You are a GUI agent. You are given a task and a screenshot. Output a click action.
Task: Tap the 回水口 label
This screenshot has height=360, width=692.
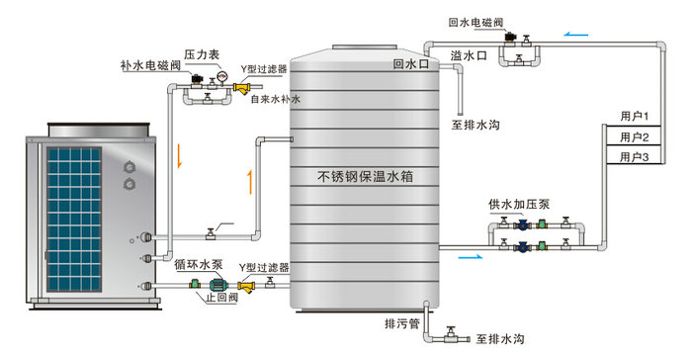tap(409, 64)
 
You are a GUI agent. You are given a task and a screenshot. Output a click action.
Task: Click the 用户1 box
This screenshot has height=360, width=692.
tap(634, 117)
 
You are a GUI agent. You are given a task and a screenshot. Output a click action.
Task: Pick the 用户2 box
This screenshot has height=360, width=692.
tap(634, 136)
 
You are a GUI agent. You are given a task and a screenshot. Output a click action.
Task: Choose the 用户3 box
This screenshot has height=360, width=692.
tap(634, 156)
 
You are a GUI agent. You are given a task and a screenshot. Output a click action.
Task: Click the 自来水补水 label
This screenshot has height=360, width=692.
tap(273, 99)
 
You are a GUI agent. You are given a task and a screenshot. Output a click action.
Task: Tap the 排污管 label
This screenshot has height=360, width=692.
tap(402, 323)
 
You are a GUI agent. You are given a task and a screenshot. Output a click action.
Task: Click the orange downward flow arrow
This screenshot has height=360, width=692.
tap(180, 155)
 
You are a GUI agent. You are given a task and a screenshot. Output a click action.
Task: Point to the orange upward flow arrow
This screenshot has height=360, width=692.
tap(249, 181)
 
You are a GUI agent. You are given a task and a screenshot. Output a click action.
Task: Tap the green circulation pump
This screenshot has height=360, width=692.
tap(213, 284)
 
